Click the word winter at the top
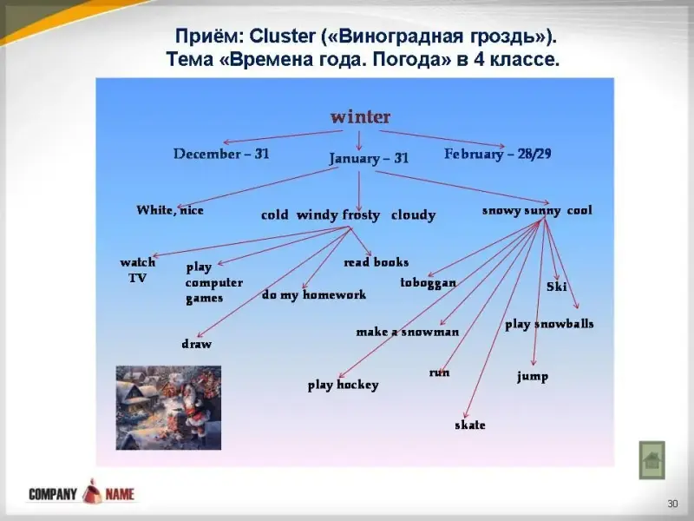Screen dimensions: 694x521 point(360,117)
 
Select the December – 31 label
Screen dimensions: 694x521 point(221,154)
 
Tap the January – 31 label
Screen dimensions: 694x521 point(368,159)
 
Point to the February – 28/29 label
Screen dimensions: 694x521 point(498,155)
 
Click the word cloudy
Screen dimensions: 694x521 point(414,215)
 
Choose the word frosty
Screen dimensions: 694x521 point(361,215)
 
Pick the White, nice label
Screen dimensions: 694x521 point(170,210)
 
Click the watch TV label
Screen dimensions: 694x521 point(138,270)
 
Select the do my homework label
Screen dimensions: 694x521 point(314,295)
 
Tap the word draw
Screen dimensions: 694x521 point(197,344)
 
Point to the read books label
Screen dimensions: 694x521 point(376,262)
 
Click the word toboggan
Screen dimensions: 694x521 point(428,283)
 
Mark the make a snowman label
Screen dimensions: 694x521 point(408,332)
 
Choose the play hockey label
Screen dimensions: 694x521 point(344,385)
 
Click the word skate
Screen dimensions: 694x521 point(470,425)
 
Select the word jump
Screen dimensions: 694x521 point(533,377)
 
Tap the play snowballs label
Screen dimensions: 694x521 point(549,324)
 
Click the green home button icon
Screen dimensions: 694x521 point(652,460)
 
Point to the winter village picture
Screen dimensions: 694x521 point(168,407)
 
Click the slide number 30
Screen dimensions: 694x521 point(673,504)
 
